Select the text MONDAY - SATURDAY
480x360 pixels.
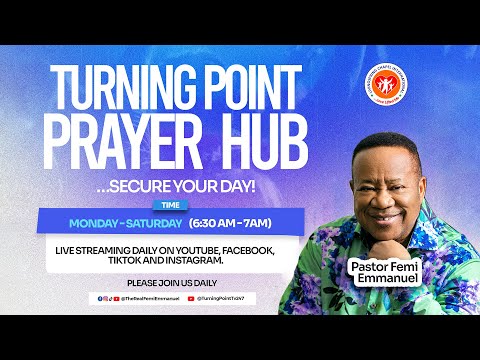(x=125, y=222)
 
